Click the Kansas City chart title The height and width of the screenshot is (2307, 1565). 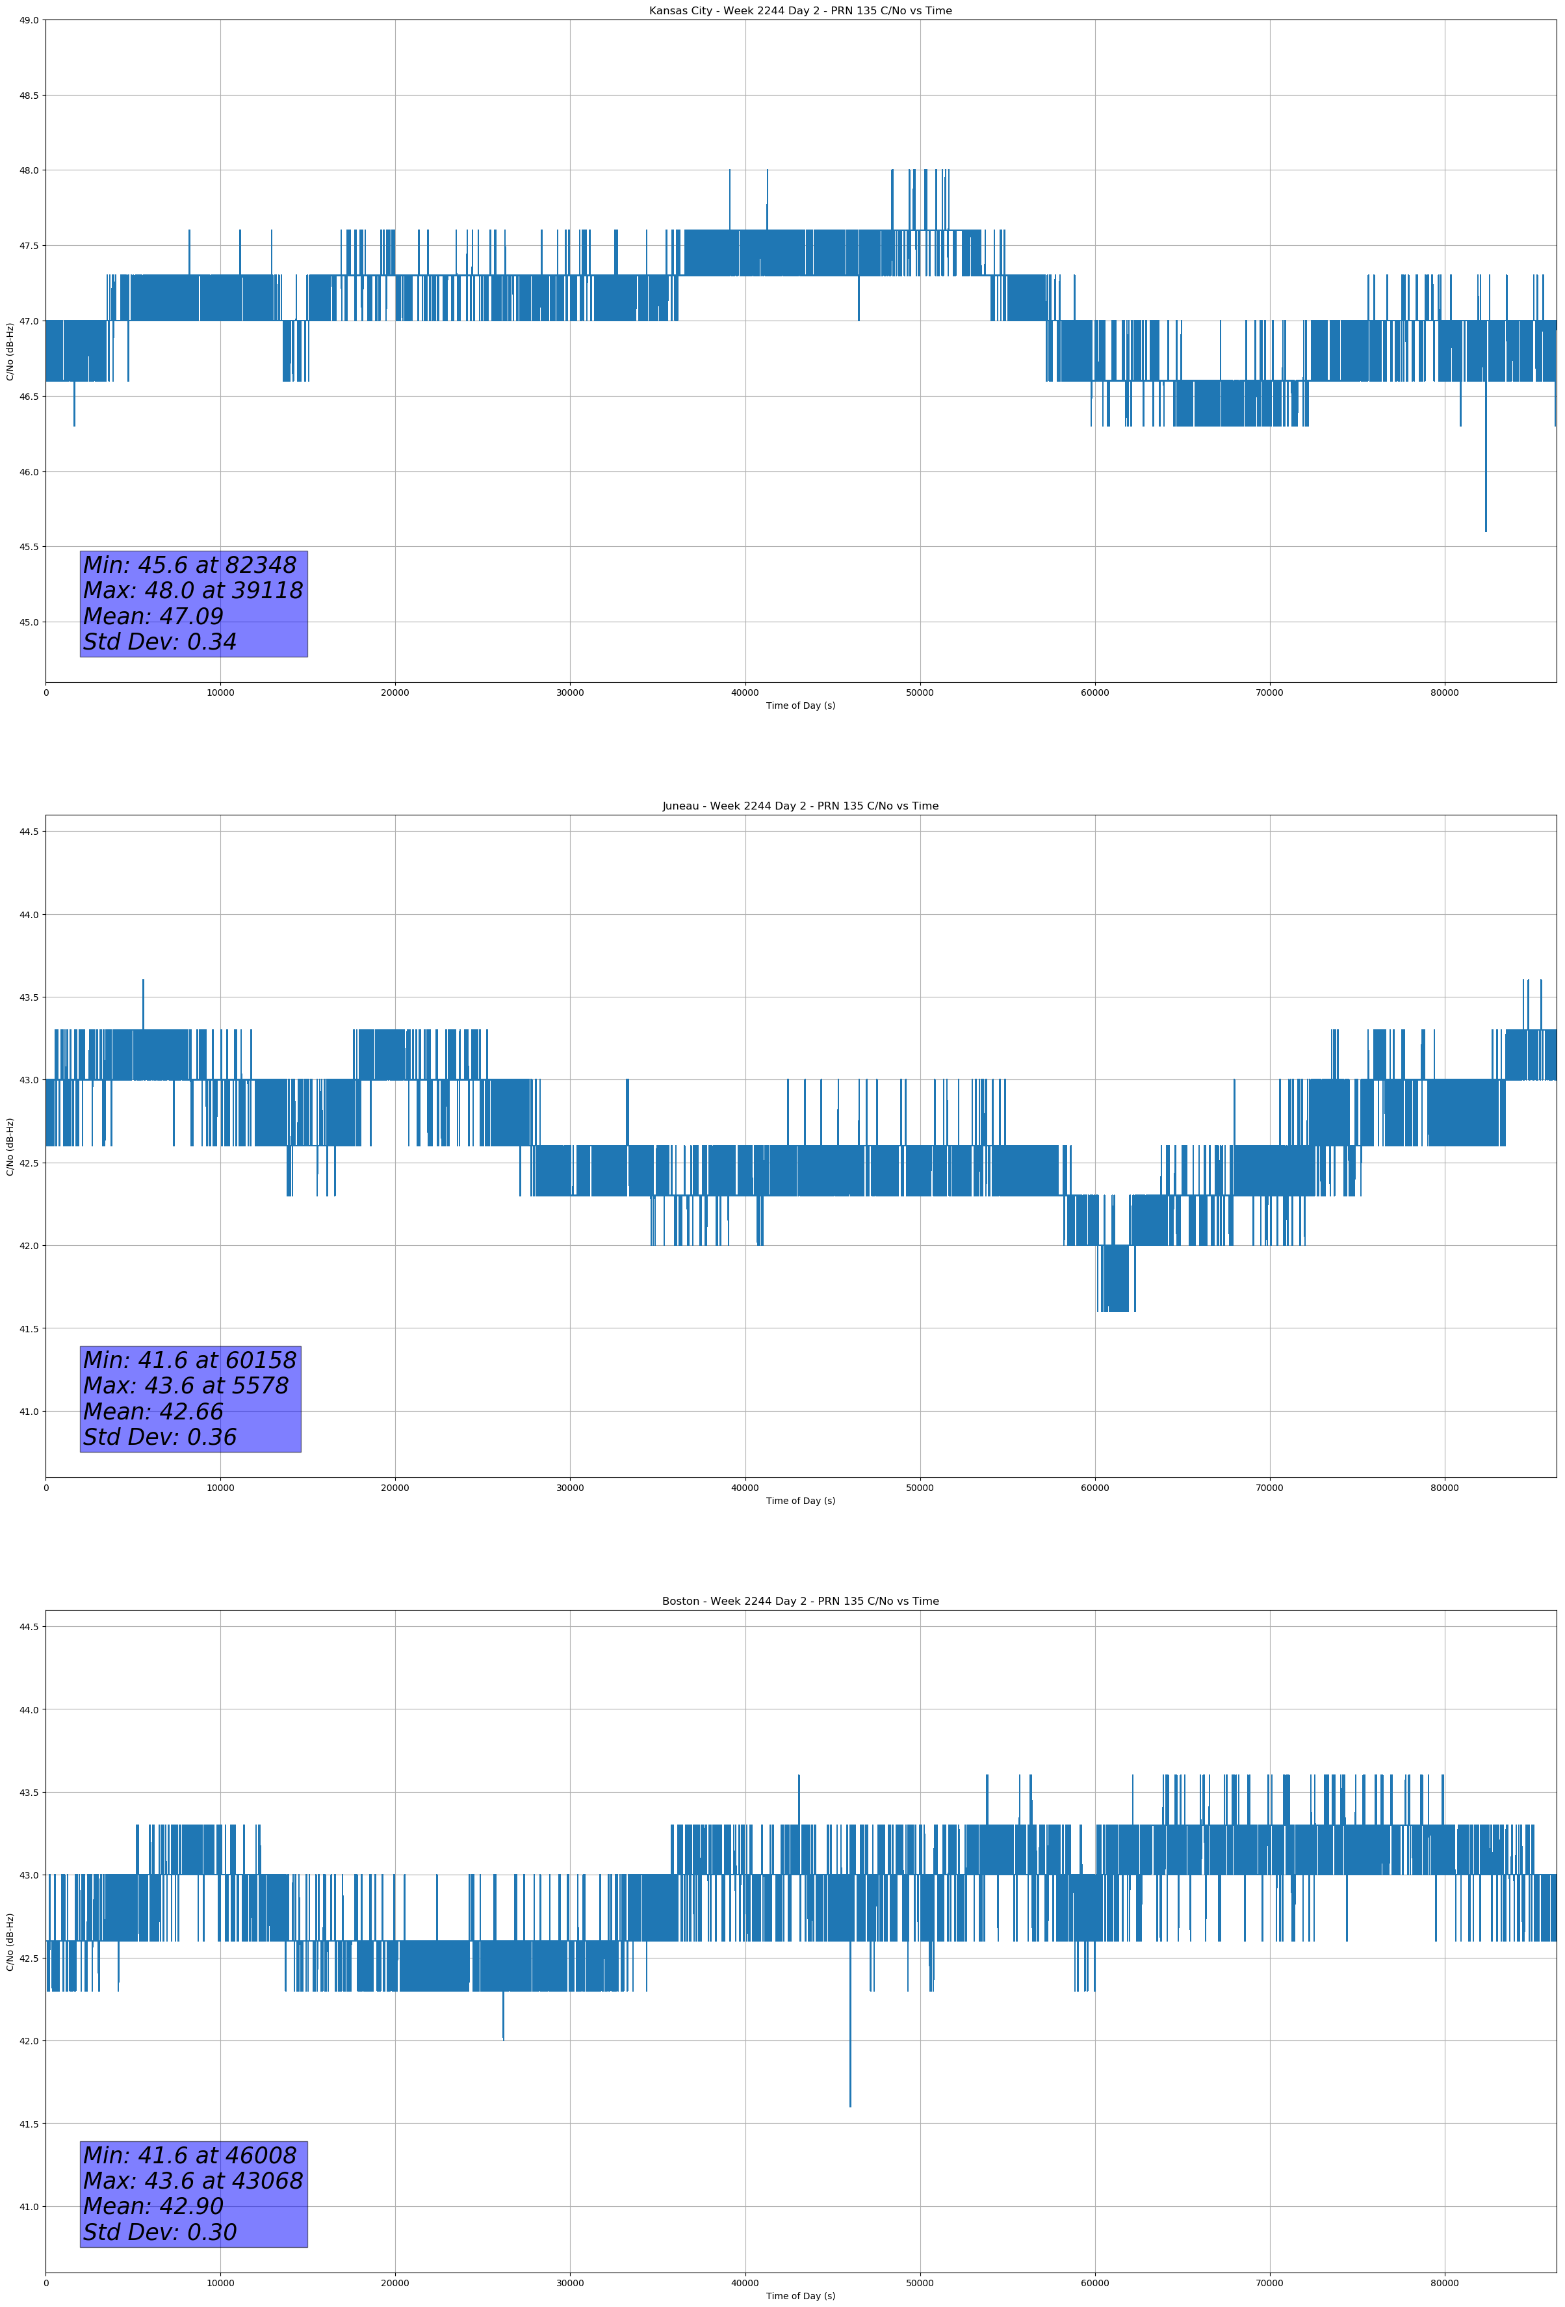click(x=800, y=11)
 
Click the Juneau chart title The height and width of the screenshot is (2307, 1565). click(x=800, y=806)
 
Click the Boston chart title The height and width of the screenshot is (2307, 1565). click(x=800, y=1602)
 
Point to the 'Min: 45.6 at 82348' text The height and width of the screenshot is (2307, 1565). click(x=190, y=565)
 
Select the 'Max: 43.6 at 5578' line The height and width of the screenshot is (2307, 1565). click(x=186, y=1386)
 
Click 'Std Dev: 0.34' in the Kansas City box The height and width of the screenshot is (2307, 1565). click(x=160, y=642)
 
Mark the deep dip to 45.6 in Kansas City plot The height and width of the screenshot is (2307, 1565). click(x=1486, y=526)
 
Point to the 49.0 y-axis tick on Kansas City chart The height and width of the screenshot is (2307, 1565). click(x=28, y=20)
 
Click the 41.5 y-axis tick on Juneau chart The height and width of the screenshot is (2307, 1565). click(x=28, y=1328)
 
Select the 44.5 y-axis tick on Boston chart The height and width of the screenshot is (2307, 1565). click(x=28, y=1626)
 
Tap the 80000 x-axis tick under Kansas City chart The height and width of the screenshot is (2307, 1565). click(x=1444, y=693)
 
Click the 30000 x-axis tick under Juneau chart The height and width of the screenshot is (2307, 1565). click(x=569, y=1488)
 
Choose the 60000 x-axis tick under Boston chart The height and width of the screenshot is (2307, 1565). click(x=1094, y=2283)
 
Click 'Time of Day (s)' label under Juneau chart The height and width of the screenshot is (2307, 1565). click(x=800, y=1501)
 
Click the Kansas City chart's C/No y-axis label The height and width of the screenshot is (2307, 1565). click(x=10, y=351)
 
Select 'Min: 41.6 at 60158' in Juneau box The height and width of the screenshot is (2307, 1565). click(x=190, y=1360)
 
